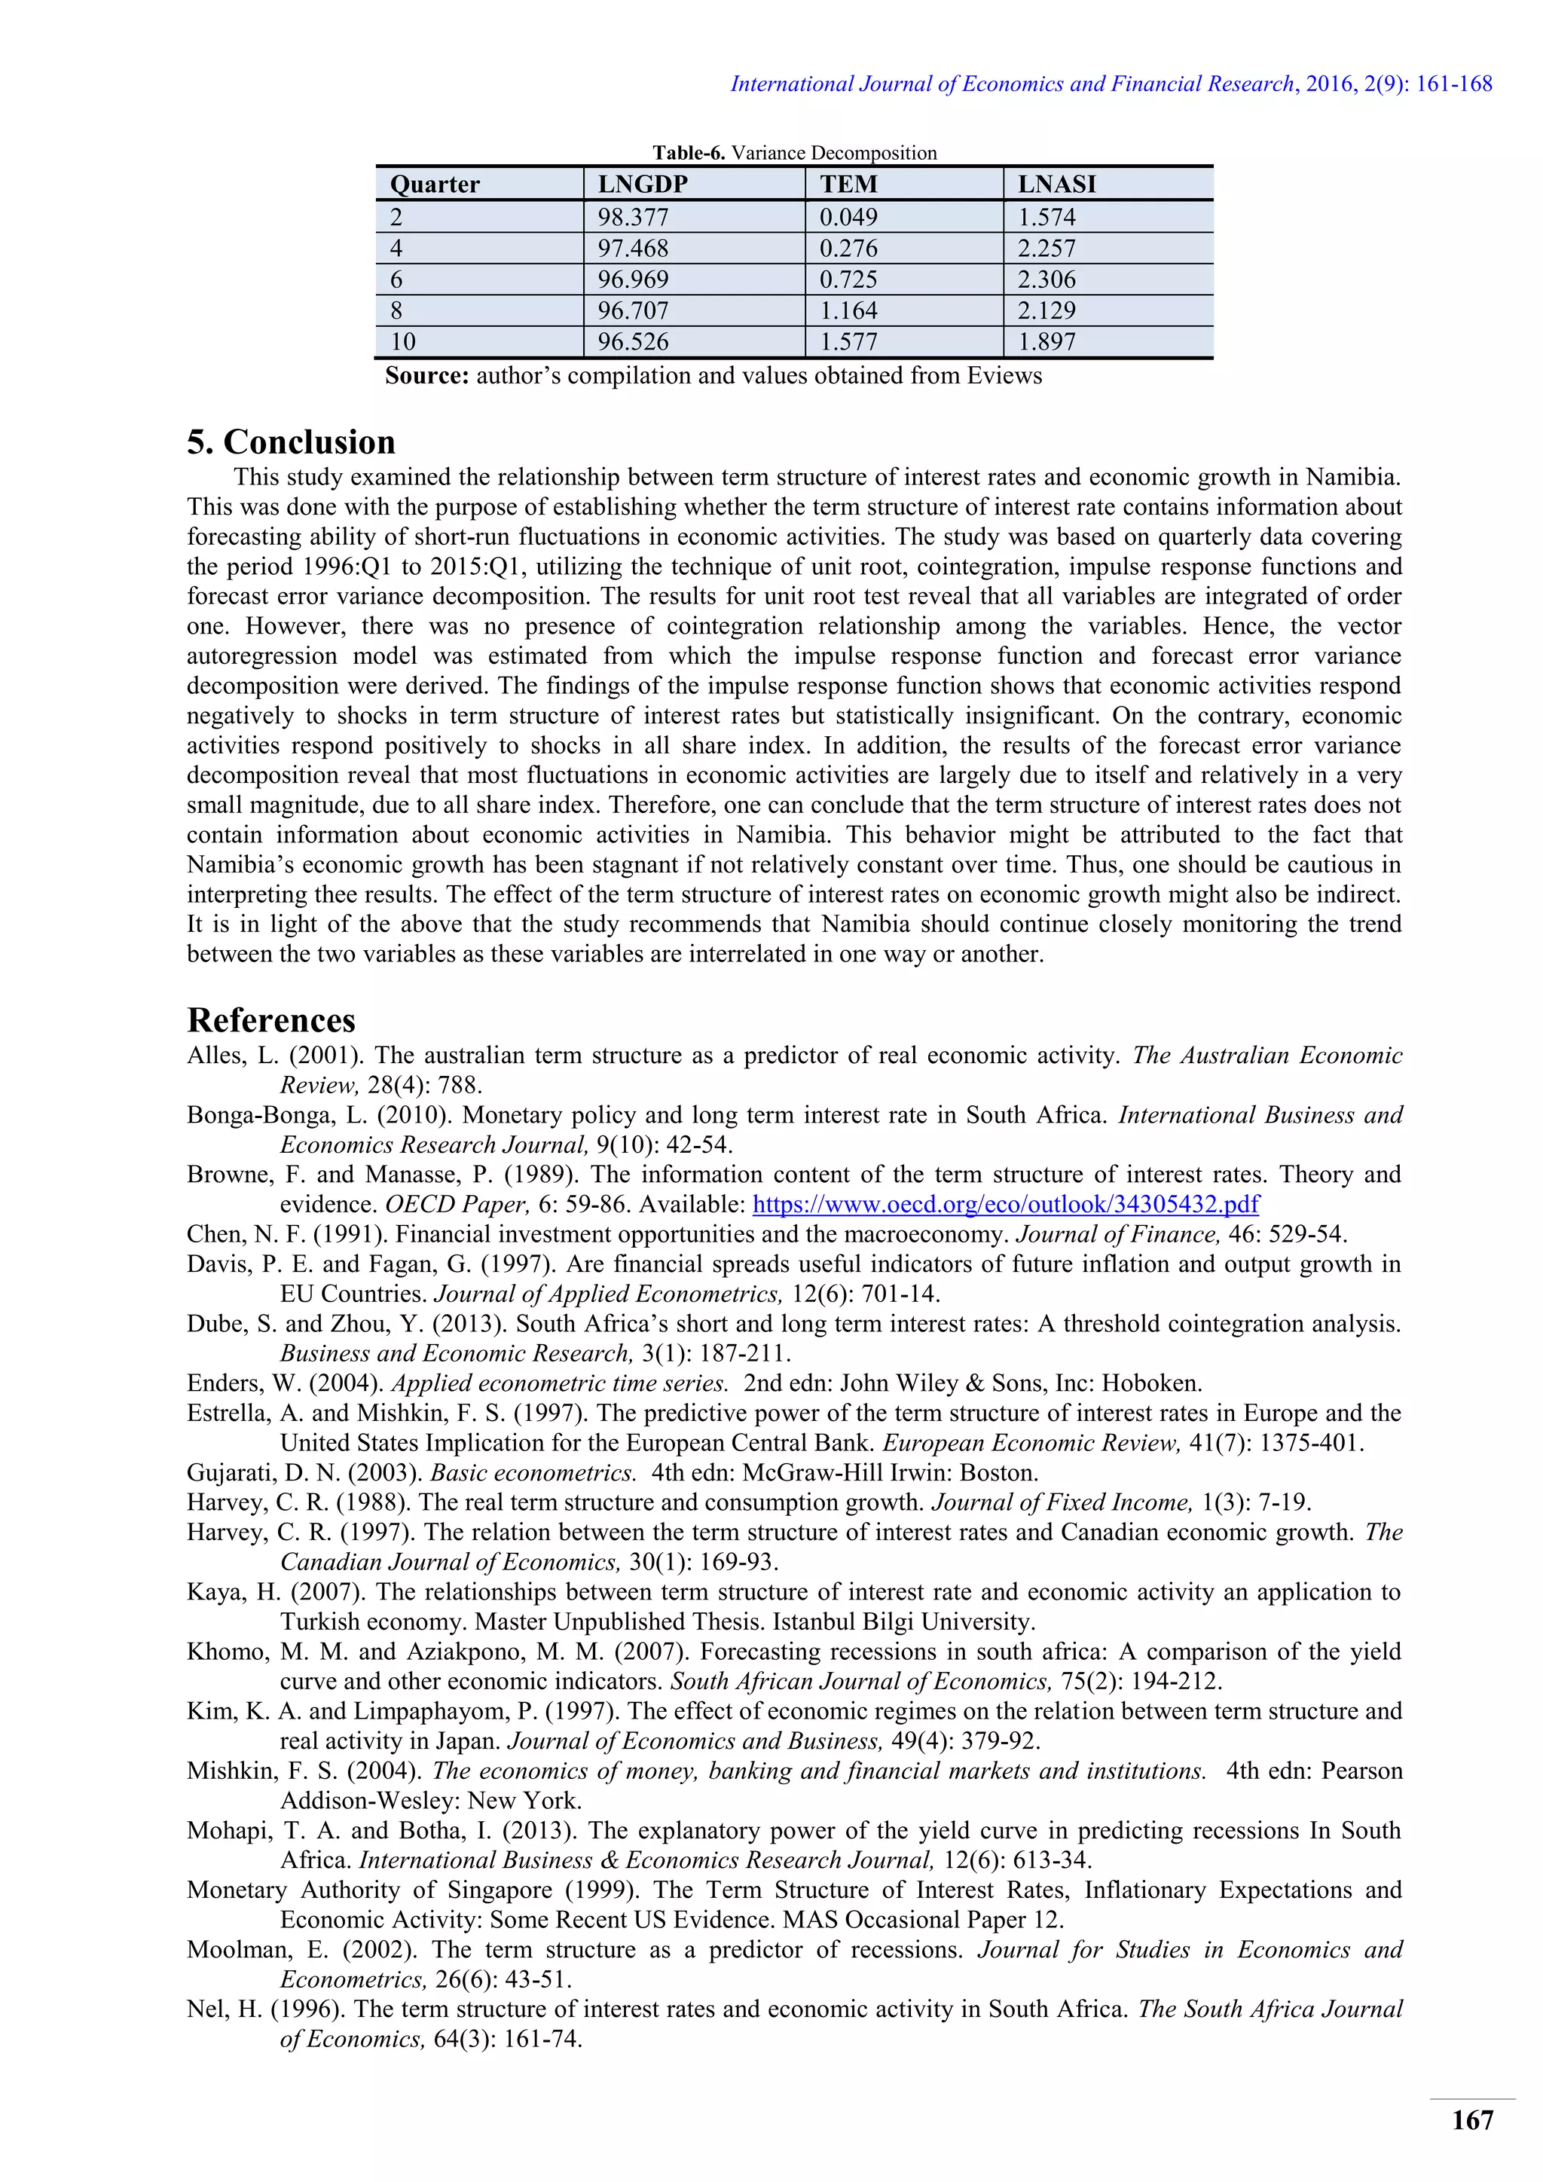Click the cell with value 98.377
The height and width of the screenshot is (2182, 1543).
(x=633, y=218)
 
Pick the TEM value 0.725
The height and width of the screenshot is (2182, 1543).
(x=848, y=280)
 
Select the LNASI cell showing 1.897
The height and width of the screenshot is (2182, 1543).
(x=1047, y=342)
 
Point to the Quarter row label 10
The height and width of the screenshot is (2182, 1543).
(x=403, y=342)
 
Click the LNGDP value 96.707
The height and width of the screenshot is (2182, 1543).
(x=633, y=310)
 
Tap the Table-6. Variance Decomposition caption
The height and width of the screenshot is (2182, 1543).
(x=794, y=153)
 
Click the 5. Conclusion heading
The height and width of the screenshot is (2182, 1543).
(x=291, y=443)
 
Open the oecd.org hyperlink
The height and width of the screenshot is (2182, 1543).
(x=1005, y=1205)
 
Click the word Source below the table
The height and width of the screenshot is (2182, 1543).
(x=426, y=376)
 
